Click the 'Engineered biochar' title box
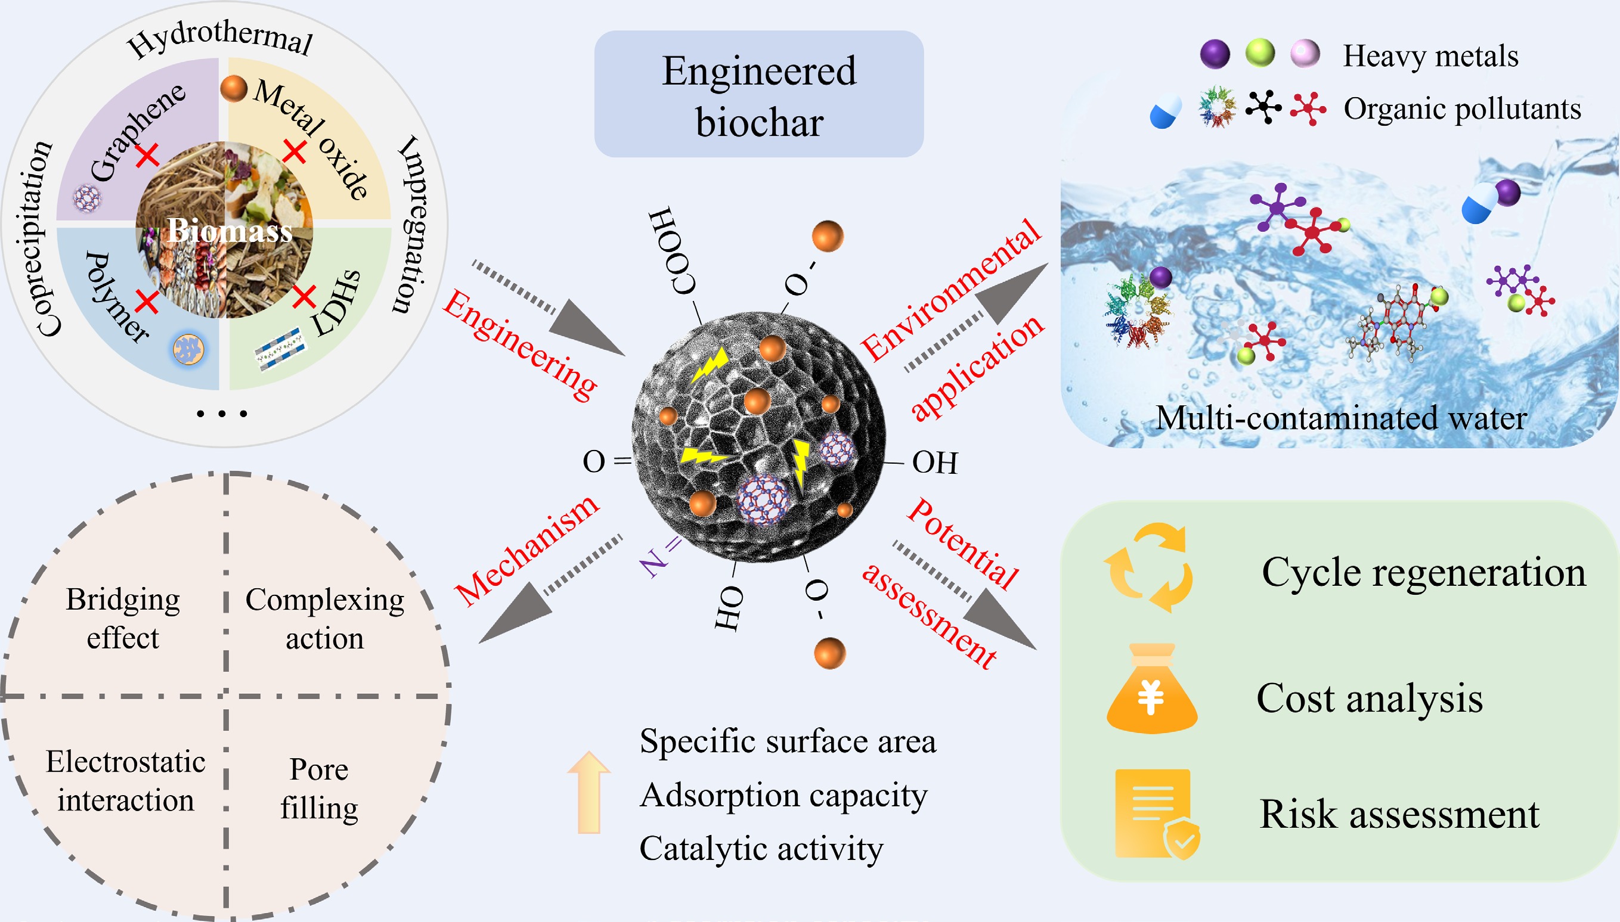click(758, 95)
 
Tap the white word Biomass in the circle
click(230, 231)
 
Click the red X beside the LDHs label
click(305, 296)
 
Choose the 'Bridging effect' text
click(123, 618)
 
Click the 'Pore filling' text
click(319, 788)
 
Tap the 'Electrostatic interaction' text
click(125, 780)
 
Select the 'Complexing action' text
click(324, 618)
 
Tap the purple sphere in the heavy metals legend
click(1215, 54)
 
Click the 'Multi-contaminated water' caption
click(1342, 418)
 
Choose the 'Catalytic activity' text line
click(761, 848)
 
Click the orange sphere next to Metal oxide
click(233, 88)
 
